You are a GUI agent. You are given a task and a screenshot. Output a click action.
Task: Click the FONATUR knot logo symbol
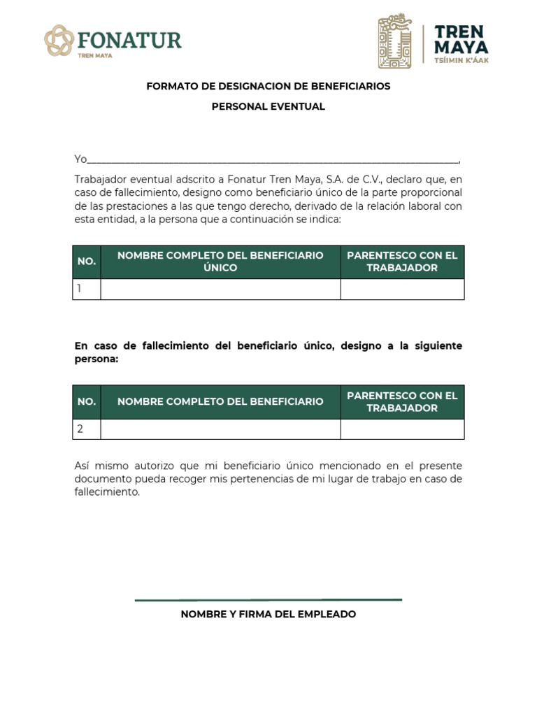click(59, 41)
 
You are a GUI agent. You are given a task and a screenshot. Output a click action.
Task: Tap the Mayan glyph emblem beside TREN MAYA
click(395, 41)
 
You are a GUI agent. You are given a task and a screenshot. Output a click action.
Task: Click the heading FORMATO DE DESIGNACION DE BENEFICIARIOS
click(268, 86)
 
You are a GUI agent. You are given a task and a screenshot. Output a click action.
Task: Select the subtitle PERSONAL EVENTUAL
click(268, 107)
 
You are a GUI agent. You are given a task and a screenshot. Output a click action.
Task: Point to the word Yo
click(80, 159)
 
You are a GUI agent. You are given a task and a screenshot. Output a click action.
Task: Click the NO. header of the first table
click(87, 262)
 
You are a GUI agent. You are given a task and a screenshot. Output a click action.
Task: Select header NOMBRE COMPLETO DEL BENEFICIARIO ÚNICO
click(220, 262)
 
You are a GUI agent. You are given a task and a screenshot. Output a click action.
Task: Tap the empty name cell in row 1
click(220, 289)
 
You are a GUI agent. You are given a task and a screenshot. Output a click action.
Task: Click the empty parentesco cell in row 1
click(402, 289)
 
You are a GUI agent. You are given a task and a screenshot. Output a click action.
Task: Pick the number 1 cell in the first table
click(87, 289)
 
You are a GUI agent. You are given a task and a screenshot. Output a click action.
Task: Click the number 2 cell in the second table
click(87, 429)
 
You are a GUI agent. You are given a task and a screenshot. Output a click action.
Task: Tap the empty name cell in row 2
click(220, 429)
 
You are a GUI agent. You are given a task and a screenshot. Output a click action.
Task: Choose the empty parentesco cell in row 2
click(402, 429)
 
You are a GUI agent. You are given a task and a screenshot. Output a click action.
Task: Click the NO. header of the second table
click(87, 401)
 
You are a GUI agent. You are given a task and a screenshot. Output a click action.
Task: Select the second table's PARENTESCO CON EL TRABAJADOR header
click(402, 401)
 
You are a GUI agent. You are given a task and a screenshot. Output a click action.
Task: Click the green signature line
click(268, 599)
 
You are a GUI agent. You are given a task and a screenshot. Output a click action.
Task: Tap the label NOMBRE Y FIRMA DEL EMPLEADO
click(268, 614)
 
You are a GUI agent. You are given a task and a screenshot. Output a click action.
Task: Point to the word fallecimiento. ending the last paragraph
click(108, 492)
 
